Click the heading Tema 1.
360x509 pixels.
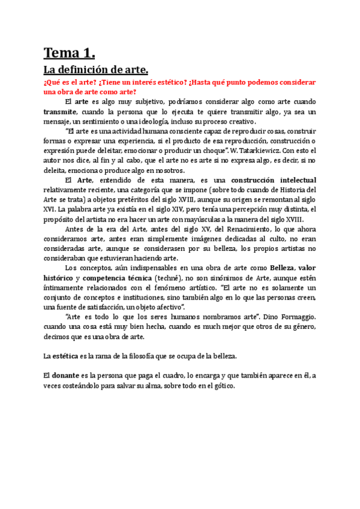(70, 53)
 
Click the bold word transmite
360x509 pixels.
(59, 111)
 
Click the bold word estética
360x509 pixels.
(75, 356)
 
